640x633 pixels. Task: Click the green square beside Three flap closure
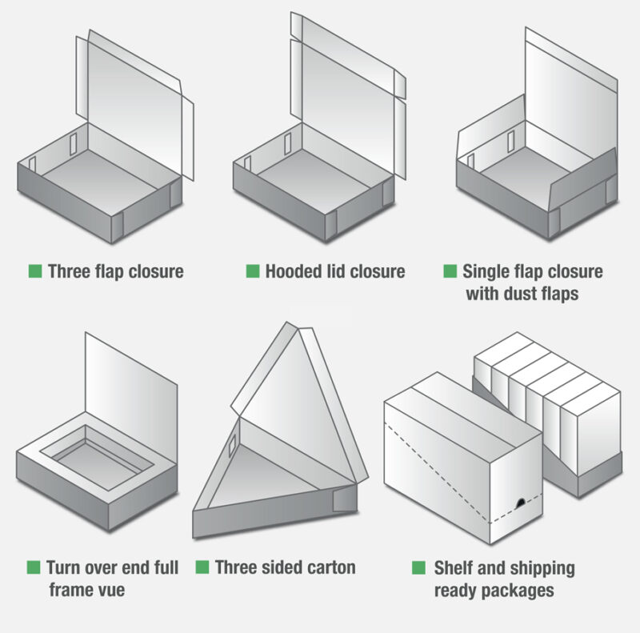pos(35,270)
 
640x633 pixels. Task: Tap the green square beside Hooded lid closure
pos(253,270)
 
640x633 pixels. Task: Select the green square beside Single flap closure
pos(450,270)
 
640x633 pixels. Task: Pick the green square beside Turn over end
pos(34,567)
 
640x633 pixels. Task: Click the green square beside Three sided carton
pos(202,567)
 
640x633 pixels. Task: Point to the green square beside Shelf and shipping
pos(418,567)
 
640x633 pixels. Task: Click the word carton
pos(331,567)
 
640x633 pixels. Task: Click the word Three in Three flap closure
pos(70,271)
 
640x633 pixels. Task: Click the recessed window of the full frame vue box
pos(97,458)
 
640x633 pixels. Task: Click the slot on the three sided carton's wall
pos(232,446)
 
